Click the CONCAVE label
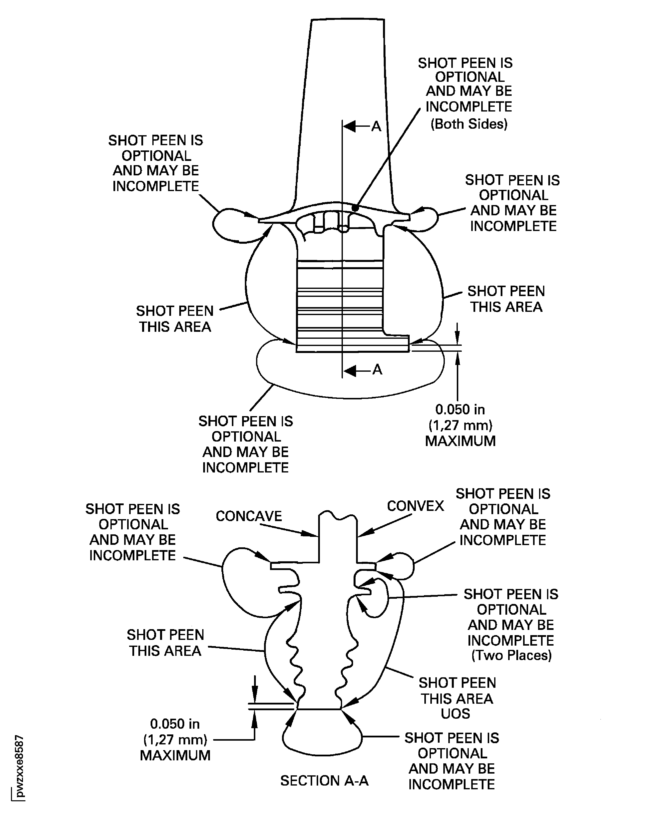tap(249, 516)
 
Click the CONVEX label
tap(415, 506)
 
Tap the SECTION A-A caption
tap(324, 781)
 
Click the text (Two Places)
tap(511, 655)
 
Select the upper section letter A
tap(376, 126)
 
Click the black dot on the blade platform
tap(355, 208)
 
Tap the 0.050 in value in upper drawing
tap(460, 409)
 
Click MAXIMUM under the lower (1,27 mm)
tap(175, 755)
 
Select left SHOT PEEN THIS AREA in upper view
tap(175, 319)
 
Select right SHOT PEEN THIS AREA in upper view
tap(506, 299)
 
